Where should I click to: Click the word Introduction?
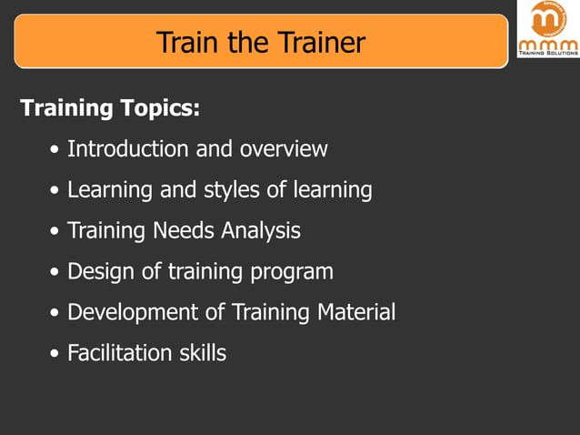click(x=128, y=148)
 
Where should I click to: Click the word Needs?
click(x=182, y=231)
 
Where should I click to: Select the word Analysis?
click(x=261, y=231)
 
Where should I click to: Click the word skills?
click(x=201, y=353)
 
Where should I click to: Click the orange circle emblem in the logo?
click(x=547, y=18)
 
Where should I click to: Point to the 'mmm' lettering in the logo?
click(x=547, y=43)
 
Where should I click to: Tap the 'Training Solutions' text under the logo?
click(x=547, y=54)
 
